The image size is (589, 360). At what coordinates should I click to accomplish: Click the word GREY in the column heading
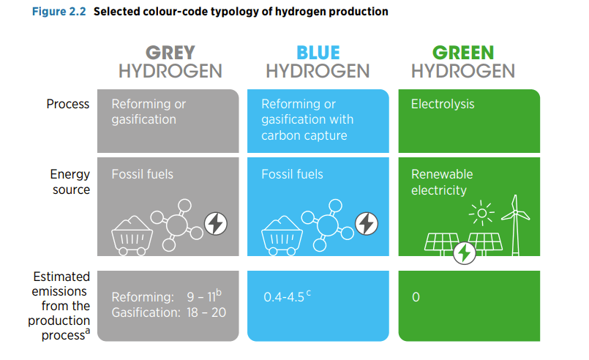[x=170, y=53]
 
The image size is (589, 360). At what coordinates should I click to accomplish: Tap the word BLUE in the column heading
[x=318, y=53]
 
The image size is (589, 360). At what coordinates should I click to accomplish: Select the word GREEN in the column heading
[x=462, y=53]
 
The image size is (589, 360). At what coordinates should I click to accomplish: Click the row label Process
[x=67, y=104]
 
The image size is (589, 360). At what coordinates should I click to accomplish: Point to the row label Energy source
[x=70, y=182]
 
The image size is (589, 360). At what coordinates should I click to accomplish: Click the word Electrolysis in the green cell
[x=443, y=104]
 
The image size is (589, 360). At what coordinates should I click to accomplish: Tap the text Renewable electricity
[x=442, y=182]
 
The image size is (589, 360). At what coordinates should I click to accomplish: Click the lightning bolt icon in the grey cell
[x=215, y=224]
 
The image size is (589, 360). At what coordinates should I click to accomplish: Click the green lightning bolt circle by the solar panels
[x=464, y=253]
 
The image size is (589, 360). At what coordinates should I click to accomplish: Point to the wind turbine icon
[x=515, y=223]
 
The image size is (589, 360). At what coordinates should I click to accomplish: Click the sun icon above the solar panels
[x=481, y=214]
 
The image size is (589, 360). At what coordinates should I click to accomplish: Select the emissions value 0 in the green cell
[x=416, y=298]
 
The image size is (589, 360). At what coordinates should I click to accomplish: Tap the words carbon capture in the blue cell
[x=304, y=135]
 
